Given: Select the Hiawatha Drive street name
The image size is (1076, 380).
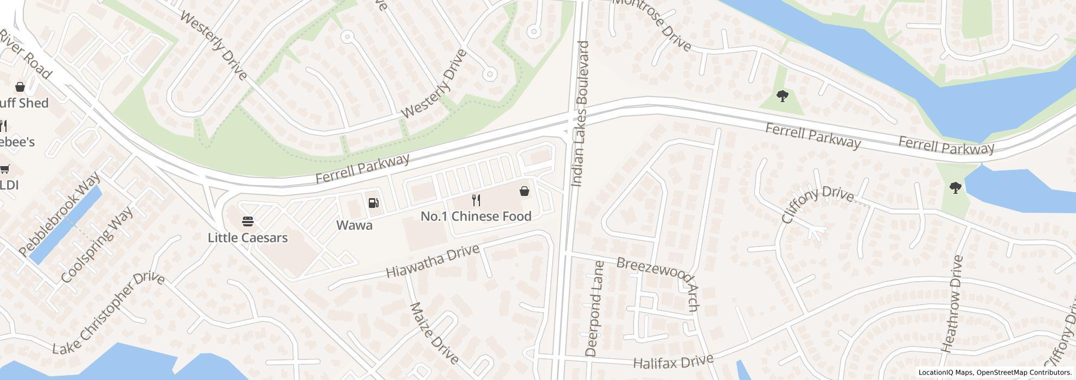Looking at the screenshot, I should click(433, 261).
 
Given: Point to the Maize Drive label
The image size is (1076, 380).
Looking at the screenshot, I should click(434, 333).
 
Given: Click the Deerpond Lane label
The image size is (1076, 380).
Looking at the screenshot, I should click(595, 309).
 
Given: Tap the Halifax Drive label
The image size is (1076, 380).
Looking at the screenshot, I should click(673, 361).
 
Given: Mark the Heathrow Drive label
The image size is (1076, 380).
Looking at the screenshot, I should click(952, 304).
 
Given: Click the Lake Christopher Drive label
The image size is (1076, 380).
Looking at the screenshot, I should click(108, 313).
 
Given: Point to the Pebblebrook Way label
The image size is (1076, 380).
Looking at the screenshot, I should click(59, 214).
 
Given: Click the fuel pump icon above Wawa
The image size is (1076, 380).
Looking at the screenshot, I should click(373, 203).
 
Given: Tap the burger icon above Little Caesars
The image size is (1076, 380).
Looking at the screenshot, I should click(248, 221).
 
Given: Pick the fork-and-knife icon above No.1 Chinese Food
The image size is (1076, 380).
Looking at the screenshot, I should click(476, 200).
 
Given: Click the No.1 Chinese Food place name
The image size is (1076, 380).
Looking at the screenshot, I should click(476, 216).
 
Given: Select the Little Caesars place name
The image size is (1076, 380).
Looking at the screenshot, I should click(248, 238).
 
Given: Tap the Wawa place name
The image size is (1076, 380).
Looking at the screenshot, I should click(354, 225).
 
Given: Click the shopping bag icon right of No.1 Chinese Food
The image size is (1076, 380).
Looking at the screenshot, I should click(524, 191).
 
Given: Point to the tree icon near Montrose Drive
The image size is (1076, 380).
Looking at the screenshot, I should click(782, 97).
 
